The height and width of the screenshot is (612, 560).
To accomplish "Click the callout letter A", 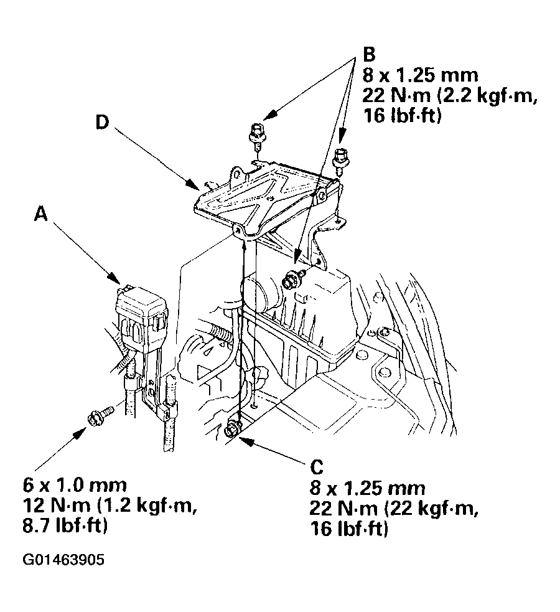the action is point(40,214).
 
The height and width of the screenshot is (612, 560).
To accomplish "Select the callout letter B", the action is point(369,54).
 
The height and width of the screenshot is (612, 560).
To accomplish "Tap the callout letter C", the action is point(317,467).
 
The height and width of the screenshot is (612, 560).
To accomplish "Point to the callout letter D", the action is point(102,123).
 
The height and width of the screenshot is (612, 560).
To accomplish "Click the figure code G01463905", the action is point(64,560).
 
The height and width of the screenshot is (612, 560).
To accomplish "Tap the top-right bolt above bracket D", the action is point(340,158).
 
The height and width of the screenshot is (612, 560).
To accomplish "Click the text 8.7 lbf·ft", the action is point(65,527).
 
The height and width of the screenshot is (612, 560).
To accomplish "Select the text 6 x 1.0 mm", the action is point(75,485).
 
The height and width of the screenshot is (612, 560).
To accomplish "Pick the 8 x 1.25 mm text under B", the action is point(421,75).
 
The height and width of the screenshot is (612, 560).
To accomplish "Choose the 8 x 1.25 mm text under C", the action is point(367,488).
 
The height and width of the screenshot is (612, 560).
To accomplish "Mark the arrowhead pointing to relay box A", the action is point(116,279).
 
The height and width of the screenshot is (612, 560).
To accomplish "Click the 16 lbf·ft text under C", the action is point(350,529).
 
